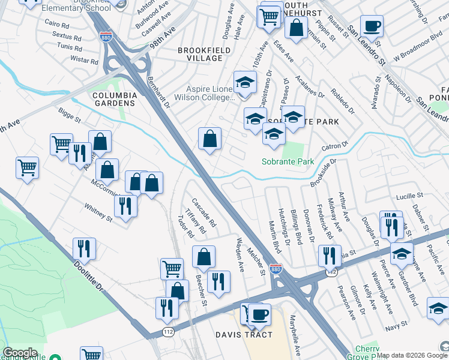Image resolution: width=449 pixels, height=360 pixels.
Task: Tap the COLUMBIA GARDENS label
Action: pos(114,100)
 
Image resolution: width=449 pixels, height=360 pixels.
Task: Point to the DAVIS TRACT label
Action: pos(244,335)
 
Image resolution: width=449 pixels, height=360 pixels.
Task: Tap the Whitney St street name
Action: pos(98,214)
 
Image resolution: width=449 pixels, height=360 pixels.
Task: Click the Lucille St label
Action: pos(409,196)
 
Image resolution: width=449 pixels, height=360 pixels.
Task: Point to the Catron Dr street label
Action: pos(334,146)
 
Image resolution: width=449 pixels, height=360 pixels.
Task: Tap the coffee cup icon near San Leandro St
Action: pos(372,26)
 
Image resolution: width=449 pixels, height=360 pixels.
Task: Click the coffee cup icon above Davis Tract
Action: pos(259,314)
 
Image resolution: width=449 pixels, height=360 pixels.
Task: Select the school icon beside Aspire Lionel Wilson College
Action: pos(244,82)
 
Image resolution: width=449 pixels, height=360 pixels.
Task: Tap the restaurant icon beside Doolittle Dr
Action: pos(84,248)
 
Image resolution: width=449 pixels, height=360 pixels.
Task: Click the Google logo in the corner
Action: pos(20,353)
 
